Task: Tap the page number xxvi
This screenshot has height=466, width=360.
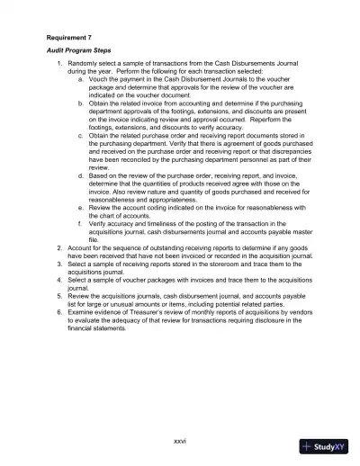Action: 179,441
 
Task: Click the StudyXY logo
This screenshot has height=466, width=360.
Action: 325,445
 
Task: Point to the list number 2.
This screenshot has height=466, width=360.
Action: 59,246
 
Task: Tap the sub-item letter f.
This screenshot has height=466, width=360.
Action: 81,223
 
